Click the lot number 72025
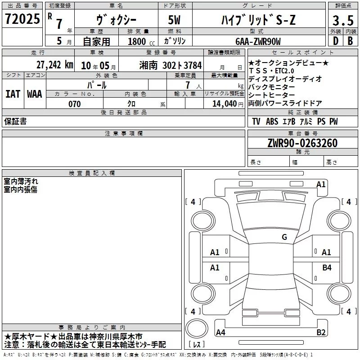tap(22, 18)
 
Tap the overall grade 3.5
tap(343, 20)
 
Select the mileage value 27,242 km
tap(55, 65)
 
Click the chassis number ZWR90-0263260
tap(302, 143)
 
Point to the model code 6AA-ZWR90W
tap(258, 41)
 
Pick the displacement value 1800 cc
tap(141, 41)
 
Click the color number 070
tap(75, 104)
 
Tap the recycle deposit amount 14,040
tap(225, 104)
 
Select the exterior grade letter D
tap(336, 41)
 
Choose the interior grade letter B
tap(351, 41)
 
